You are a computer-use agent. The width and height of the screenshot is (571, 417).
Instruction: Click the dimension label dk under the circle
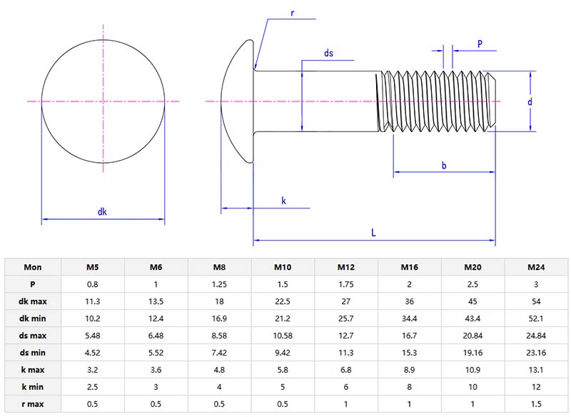[x=102, y=211]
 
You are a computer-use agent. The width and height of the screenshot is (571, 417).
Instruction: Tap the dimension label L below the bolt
[x=373, y=233]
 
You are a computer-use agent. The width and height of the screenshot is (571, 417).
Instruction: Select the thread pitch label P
[x=480, y=44]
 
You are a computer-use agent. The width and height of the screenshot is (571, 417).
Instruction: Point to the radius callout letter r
[x=293, y=13]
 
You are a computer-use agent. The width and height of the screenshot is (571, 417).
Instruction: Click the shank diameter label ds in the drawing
[x=328, y=54]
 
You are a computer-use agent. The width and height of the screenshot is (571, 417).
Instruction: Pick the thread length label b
[x=444, y=166]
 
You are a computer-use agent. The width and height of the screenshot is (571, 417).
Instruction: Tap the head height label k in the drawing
[x=283, y=201]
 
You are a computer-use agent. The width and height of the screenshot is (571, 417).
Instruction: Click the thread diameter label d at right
[x=530, y=102]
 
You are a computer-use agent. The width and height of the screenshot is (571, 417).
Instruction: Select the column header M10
[x=283, y=267]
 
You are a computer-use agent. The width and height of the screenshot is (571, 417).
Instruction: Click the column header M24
[x=536, y=267]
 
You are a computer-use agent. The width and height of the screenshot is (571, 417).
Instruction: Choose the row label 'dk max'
[x=33, y=301]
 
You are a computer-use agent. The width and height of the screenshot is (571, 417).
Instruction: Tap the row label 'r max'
[x=33, y=403]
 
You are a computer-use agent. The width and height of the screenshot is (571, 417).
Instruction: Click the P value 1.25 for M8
[x=219, y=284]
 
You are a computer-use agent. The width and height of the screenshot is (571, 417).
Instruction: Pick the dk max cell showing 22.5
[x=283, y=301]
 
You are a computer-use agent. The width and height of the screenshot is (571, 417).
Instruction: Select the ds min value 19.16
[x=473, y=351]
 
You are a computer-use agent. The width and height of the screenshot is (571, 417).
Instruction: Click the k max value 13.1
[x=536, y=368]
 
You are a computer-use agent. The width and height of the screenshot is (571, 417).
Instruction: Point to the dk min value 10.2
[x=93, y=318]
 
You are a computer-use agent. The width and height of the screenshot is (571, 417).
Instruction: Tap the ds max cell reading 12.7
[x=346, y=335]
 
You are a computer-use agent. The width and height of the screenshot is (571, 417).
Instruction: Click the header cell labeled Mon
[x=33, y=267]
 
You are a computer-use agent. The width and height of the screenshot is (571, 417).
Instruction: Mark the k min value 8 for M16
[x=410, y=386]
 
